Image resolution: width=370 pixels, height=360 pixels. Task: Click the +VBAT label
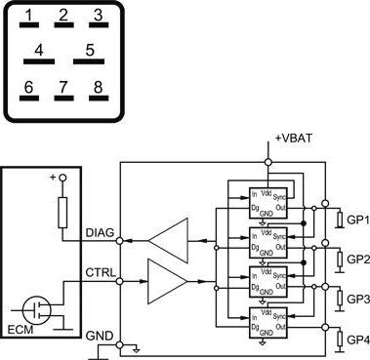tap(293, 139)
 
